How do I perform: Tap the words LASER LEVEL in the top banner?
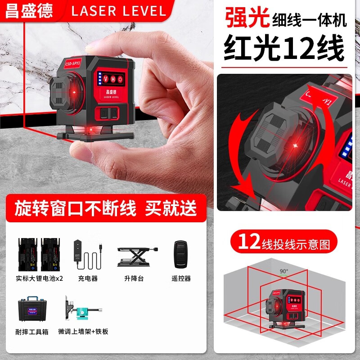click(119, 11)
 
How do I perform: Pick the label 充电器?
click(88, 279)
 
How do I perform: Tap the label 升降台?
click(135, 279)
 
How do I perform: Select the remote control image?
click(180, 254)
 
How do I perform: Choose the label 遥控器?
click(181, 279)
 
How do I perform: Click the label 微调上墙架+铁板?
click(83, 332)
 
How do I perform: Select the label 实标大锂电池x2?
click(40, 279)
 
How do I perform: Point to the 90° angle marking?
click(283, 271)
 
